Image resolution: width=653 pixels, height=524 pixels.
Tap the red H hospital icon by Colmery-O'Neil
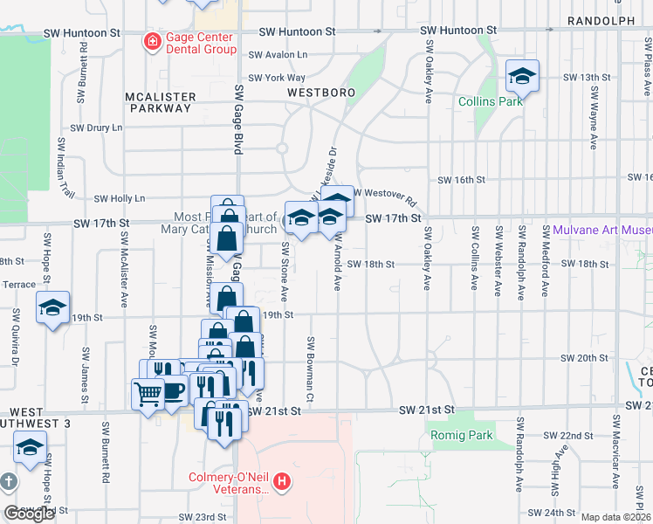point(281,480)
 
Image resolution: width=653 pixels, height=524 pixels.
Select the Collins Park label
point(491,101)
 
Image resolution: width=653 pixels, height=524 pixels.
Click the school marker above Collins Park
point(522,77)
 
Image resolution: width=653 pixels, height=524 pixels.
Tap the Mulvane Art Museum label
point(602,231)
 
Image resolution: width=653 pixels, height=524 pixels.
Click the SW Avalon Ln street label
point(278,54)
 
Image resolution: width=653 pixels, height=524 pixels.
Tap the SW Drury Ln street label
point(96,128)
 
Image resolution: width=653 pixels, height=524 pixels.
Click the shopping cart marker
point(148,394)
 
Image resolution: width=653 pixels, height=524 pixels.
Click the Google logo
point(30,514)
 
